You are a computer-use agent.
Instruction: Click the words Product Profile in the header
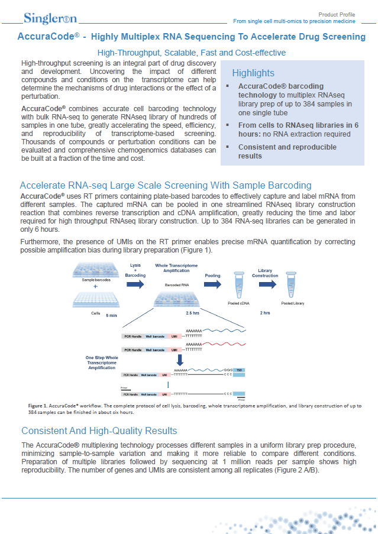(x=337, y=14)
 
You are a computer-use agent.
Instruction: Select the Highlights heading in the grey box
(x=253, y=73)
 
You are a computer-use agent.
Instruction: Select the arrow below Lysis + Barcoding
(x=135, y=284)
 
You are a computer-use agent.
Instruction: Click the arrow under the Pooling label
(x=212, y=284)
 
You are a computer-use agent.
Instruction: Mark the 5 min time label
(x=111, y=316)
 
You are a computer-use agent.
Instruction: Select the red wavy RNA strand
(x=222, y=345)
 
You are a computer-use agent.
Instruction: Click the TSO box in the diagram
(x=239, y=370)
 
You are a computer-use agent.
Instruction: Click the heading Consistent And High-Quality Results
(x=99, y=430)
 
